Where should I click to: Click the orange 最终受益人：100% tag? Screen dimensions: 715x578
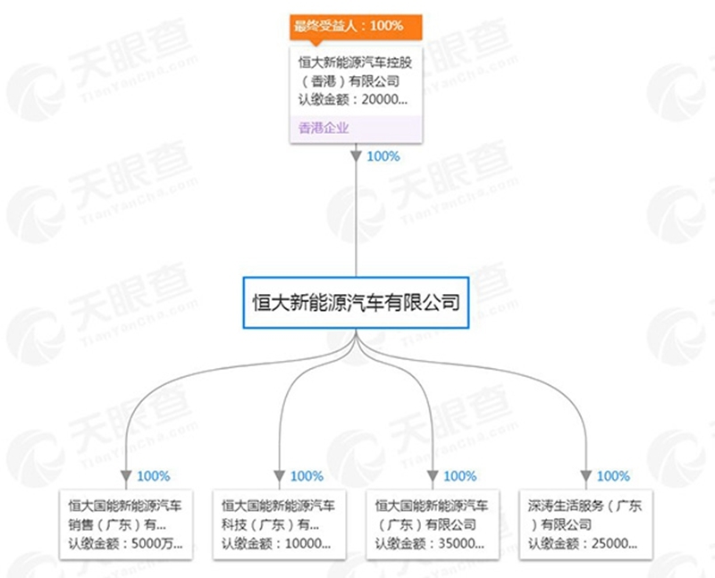click(x=356, y=27)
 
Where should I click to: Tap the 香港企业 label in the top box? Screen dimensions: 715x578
click(x=324, y=128)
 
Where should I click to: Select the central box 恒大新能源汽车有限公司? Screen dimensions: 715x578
click(x=356, y=303)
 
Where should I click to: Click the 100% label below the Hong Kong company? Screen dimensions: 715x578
click(x=383, y=156)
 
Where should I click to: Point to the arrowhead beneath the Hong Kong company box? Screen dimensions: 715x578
click(x=356, y=156)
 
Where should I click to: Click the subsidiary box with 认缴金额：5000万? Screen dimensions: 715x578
click(x=126, y=524)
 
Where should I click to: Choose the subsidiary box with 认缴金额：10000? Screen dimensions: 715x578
click(x=279, y=524)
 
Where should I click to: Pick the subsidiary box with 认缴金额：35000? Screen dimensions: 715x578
click(x=433, y=524)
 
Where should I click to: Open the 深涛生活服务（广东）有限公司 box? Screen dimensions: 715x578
click(x=586, y=524)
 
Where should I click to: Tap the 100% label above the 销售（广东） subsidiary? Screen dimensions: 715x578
click(x=154, y=476)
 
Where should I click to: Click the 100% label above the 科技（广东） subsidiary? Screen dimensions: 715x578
click(x=307, y=476)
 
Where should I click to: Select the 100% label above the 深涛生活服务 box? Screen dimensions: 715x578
click(x=613, y=476)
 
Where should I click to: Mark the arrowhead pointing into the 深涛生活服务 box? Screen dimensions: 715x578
click(x=586, y=476)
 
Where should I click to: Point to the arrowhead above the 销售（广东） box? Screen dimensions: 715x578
click(x=126, y=476)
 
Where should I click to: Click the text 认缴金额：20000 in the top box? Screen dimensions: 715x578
click(x=353, y=99)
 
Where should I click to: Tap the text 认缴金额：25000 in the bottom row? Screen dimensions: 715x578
click(x=583, y=543)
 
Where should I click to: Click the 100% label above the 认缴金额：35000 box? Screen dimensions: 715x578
click(x=460, y=476)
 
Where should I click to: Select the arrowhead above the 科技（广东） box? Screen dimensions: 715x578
click(x=280, y=476)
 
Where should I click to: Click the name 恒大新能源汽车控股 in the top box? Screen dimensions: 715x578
click(x=355, y=62)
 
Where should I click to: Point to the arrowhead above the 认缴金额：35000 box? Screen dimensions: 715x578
click(x=433, y=476)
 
